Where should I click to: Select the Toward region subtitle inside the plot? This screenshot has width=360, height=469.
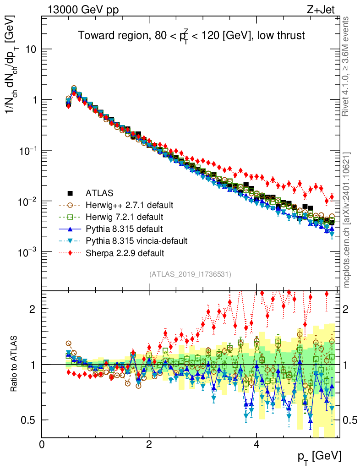pyautogui.click(x=191, y=36)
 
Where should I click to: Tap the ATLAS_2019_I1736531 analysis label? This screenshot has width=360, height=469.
pyautogui.click(x=190, y=274)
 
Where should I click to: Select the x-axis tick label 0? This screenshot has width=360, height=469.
pyautogui.click(x=42, y=444)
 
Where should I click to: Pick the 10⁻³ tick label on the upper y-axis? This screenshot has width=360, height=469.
pyautogui.click(x=28, y=252)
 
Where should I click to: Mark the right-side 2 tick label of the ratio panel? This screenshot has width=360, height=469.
pyautogui.click(x=347, y=309)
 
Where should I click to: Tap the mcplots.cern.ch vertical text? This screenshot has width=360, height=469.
pyautogui.click(x=347, y=220)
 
